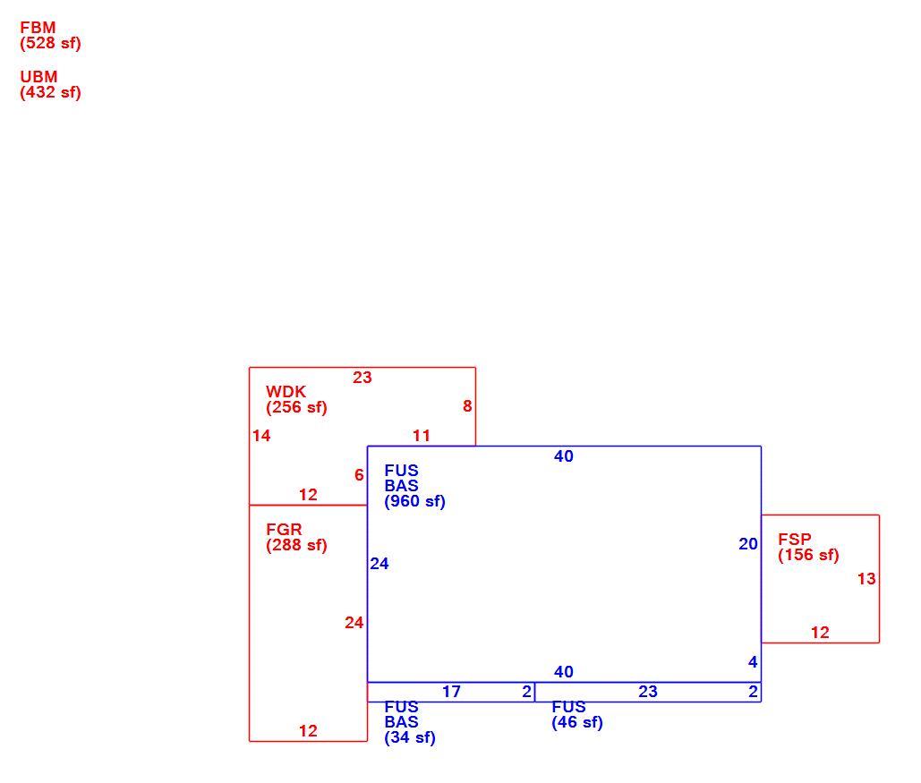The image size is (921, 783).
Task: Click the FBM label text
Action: [38, 28]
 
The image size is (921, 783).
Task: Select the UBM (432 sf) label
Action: [50, 85]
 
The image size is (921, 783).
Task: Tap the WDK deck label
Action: [286, 392]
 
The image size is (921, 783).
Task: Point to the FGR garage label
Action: [284, 529]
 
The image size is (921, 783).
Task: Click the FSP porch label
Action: [795, 540]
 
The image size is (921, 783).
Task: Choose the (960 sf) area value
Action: [414, 502]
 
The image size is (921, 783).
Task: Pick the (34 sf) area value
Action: [410, 737]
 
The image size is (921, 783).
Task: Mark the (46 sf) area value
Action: [577, 722]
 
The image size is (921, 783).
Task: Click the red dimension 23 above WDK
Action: [362, 378]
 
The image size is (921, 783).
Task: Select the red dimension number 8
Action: [467, 406]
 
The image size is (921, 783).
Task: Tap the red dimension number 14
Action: [261, 436]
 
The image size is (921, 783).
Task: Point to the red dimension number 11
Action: [422, 436]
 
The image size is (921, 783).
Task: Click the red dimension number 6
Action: [359, 475]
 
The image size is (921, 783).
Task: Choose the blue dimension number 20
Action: [748, 544]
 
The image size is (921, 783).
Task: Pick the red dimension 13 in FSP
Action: [866, 579]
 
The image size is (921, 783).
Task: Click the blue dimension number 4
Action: [753, 662]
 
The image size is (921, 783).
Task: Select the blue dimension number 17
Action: [451, 692]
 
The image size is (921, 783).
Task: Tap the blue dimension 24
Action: [379, 564]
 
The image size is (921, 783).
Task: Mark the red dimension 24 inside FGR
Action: [354, 623]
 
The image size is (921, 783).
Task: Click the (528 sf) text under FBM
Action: [50, 44]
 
